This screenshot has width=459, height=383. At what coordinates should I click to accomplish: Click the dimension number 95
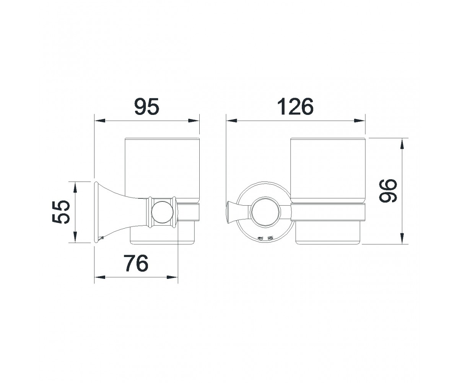tap(146, 106)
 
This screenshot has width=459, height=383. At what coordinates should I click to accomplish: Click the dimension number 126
tap(295, 107)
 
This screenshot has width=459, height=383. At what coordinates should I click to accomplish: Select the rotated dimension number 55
tap(61, 212)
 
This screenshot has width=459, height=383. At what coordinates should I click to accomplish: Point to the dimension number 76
tap(136, 263)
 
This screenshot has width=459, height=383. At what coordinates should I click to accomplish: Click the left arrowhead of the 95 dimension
tap(99, 121)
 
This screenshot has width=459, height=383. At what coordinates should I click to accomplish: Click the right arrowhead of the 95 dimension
tap(194, 121)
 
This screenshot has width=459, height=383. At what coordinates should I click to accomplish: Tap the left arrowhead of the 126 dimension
tap(232, 121)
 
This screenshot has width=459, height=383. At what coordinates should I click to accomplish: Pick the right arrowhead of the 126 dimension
tap(360, 121)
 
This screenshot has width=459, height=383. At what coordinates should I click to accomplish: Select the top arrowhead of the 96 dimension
tap(402, 144)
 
